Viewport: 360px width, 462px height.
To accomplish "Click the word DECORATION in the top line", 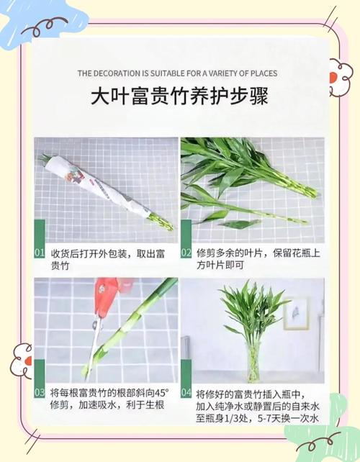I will tap(127, 73).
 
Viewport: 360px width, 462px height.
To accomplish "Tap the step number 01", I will tap(40, 253).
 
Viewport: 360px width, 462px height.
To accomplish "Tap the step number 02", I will tap(186, 253).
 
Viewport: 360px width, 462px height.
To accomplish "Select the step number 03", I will tap(40, 393).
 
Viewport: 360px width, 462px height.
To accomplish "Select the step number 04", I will tap(186, 393).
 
